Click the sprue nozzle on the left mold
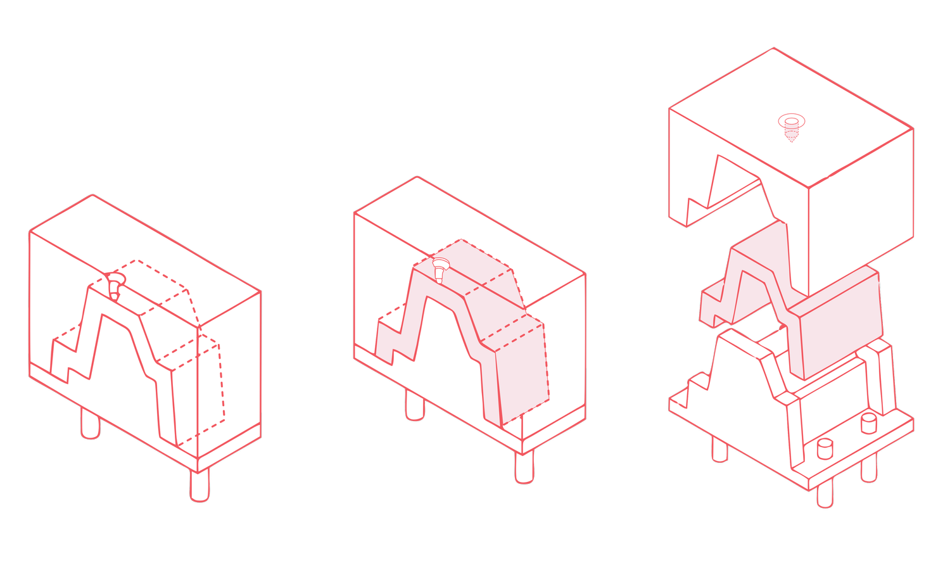coord(113,284)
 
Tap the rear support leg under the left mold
coord(91,424)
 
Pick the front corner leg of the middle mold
coord(524,468)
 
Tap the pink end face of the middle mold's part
coord(523,374)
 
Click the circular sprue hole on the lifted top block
coord(791,122)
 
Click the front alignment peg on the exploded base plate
coord(824,448)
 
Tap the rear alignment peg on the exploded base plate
coord(868,422)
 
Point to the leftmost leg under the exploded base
coord(719,449)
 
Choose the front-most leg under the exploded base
coord(825,493)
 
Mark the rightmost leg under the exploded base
coord(870,469)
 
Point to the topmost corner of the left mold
coord(93,195)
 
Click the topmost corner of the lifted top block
coord(773,49)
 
